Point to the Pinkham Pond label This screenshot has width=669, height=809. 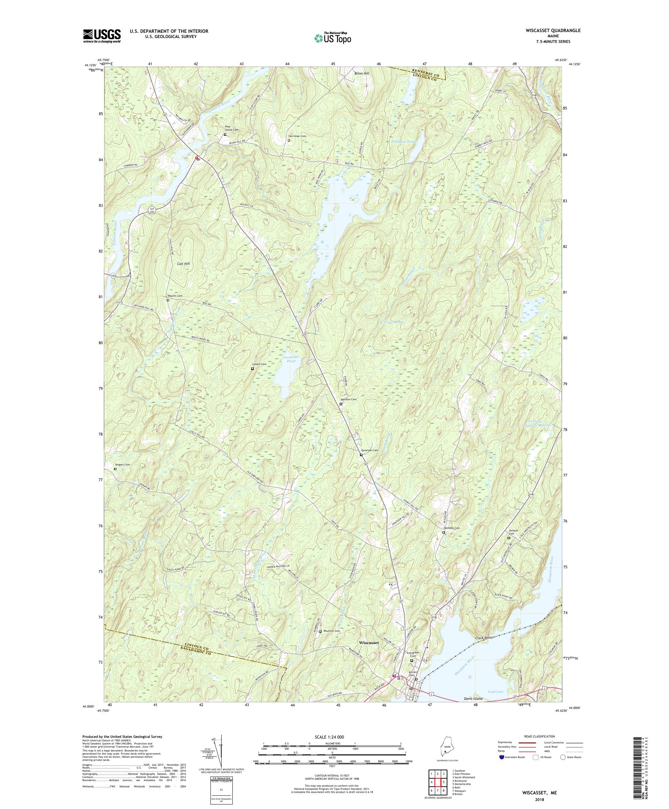(403, 142)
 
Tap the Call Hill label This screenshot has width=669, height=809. (183, 264)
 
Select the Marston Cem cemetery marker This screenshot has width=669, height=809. (341, 404)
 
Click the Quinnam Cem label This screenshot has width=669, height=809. (369, 450)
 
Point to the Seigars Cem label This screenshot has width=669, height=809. (122, 464)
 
